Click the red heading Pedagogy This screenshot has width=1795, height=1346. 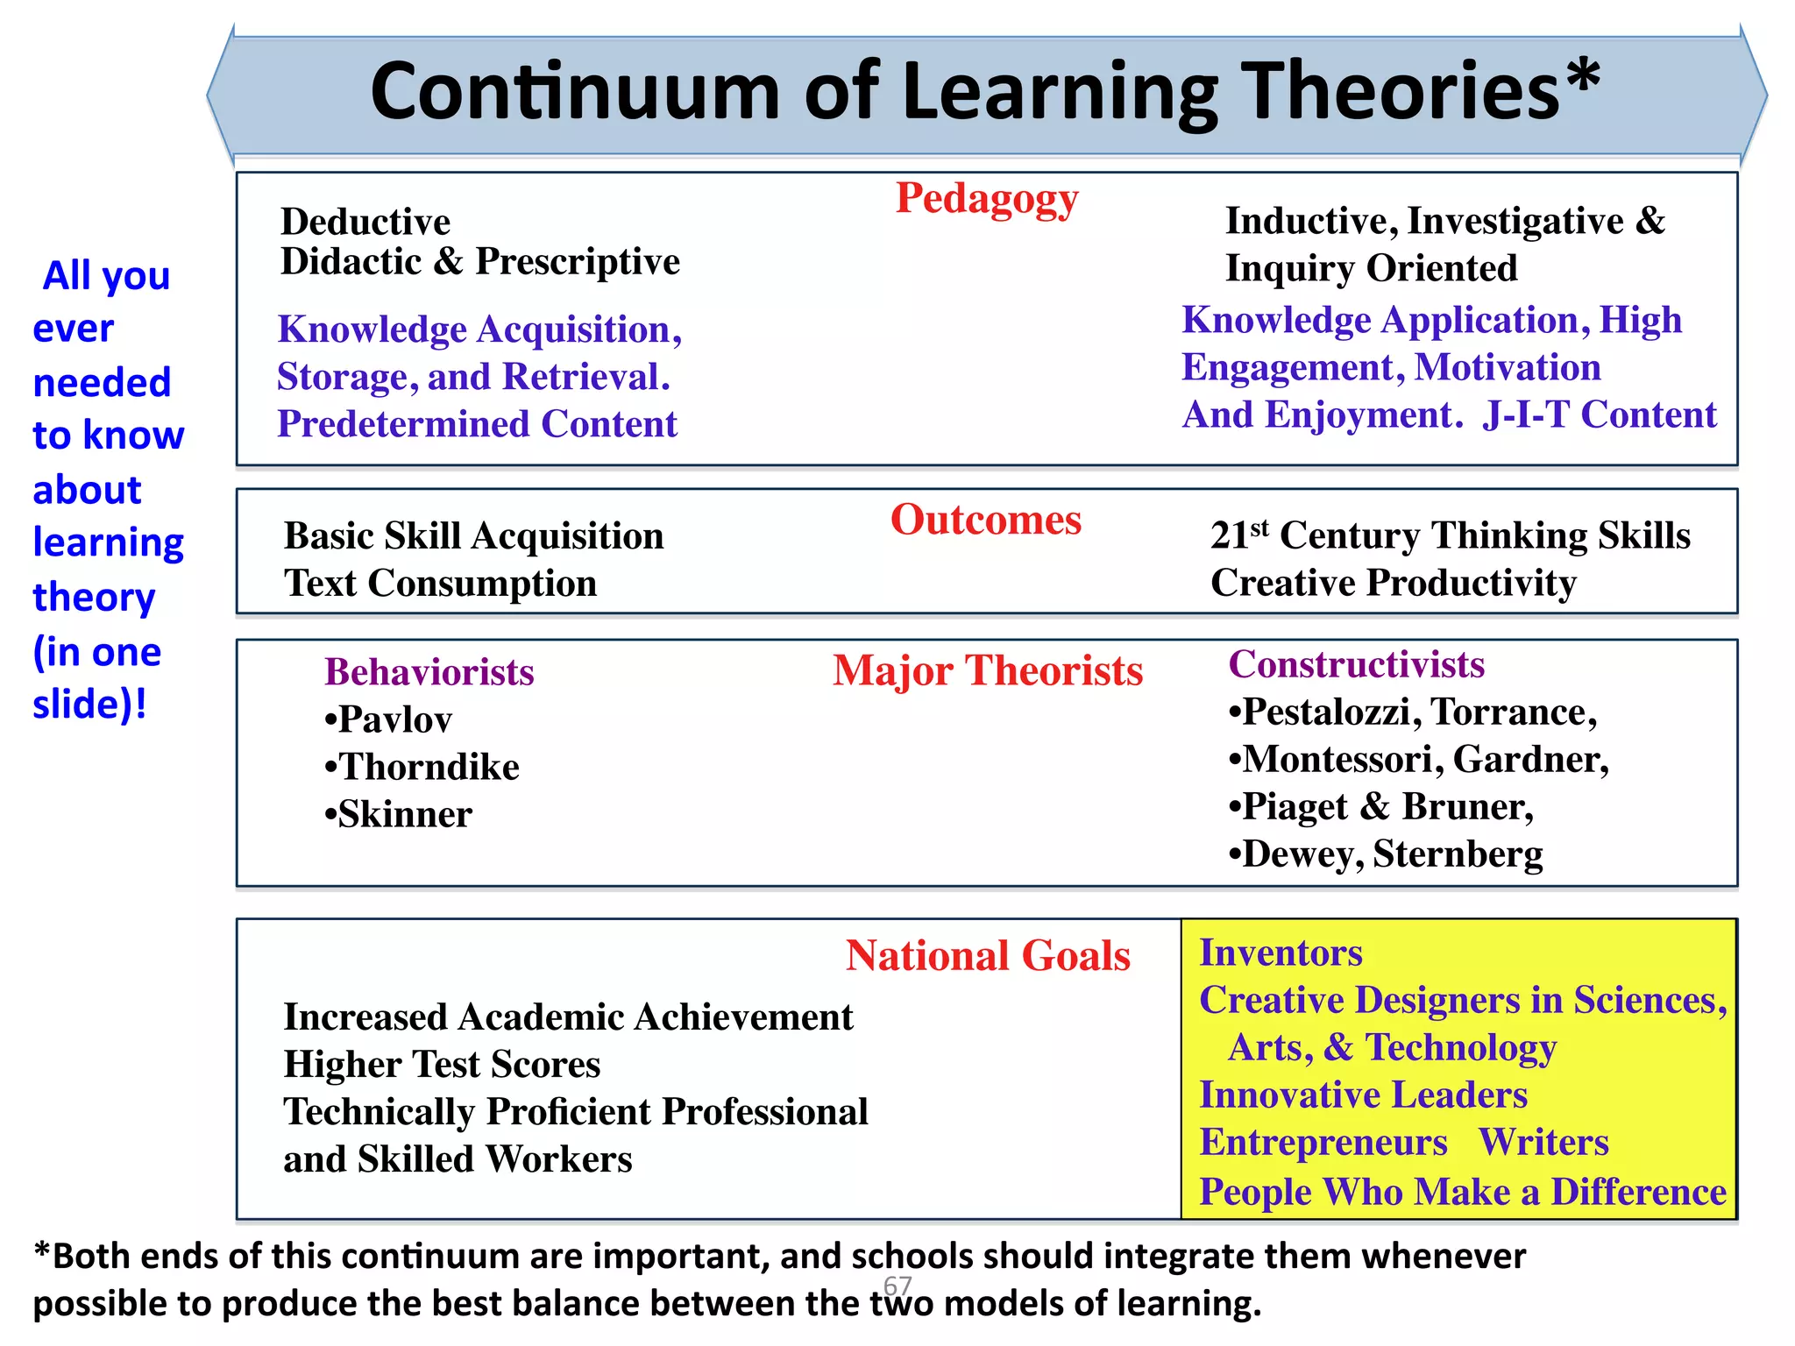[986, 199]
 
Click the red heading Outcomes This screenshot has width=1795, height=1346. [986, 520]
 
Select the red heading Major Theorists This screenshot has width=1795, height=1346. [988, 671]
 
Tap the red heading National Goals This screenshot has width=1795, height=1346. [988, 955]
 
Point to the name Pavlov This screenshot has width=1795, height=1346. [395, 719]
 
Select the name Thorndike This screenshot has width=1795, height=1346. [429, 767]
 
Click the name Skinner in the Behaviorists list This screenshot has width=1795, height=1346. [405, 814]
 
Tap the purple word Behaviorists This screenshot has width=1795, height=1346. [429, 672]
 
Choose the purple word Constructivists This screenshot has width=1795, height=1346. [1356, 664]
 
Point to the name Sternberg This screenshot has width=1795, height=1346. [1458, 854]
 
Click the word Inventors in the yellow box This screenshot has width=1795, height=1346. [1281, 953]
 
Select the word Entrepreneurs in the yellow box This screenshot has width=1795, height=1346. [1323, 1143]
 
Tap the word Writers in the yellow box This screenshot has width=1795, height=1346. [1543, 1142]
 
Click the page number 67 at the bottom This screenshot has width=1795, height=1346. [897, 1285]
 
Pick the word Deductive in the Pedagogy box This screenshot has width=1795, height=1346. [365, 222]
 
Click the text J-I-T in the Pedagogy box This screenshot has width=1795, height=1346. [1525, 414]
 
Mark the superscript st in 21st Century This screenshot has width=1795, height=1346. [1259, 528]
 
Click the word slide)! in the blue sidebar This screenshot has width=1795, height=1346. [89, 705]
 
